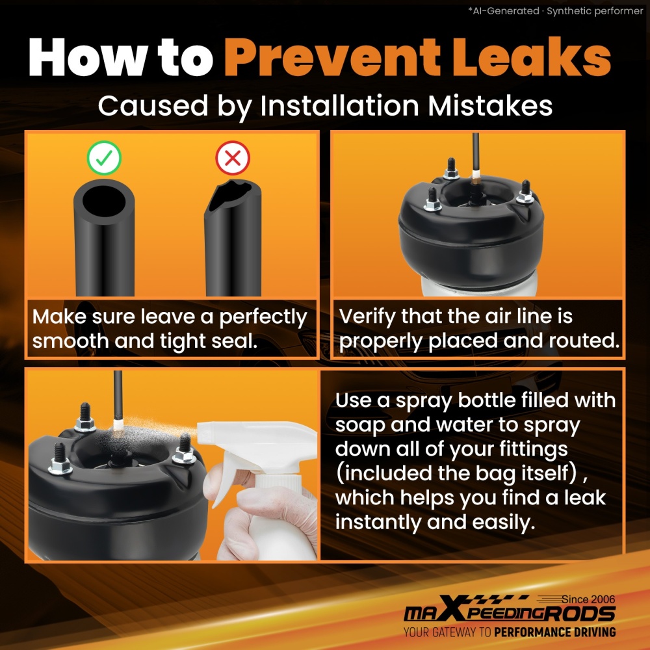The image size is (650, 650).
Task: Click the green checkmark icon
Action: point(104,157)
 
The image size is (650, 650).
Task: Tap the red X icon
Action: point(233,157)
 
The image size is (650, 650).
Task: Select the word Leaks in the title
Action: point(532,57)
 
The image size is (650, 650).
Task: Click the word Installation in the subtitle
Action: point(339,105)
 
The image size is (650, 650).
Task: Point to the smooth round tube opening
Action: point(104,201)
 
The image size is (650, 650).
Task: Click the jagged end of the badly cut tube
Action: point(233,195)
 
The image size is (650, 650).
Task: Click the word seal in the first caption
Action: point(234,341)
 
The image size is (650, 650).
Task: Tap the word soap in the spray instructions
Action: point(360,426)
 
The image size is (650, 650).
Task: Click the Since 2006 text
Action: point(588,599)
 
